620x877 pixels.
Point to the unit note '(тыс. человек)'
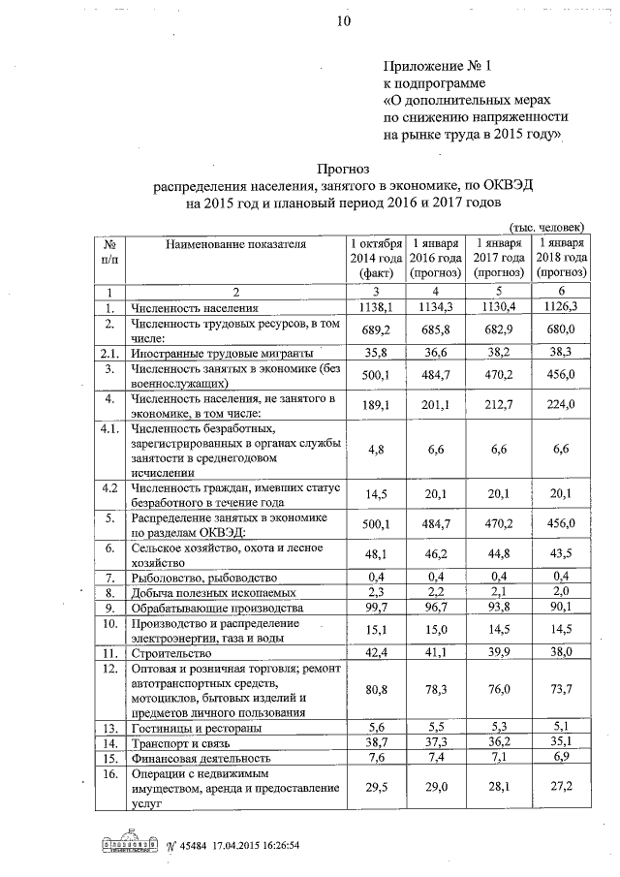pyautogui.click(x=548, y=225)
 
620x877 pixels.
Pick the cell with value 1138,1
pyautogui.click(x=375, y=307)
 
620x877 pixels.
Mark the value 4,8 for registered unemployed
pyautogui.click(x=375, y=448)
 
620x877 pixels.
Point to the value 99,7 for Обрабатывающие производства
pyautogui.click(x=375, y=608)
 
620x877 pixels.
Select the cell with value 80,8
pyautogui.click(x=375, y=690)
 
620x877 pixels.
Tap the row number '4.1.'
pyautogui.click(x=110, y=427)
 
